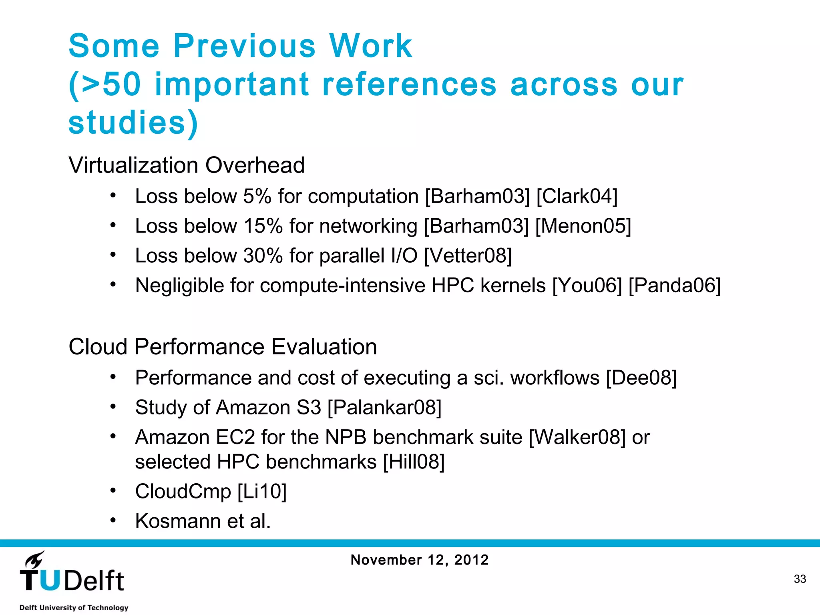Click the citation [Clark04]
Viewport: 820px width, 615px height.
pyautogui.click(x=577, y=197)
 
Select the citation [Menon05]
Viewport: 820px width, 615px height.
pyautogui.click(x=583, y=226)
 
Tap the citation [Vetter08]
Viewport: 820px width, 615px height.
pyautogui.click(x=468, y=256)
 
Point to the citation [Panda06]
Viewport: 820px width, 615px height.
pyautogui.click(x=675, y=286)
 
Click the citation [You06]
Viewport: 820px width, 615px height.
pyautogui.click(x=587, y=286)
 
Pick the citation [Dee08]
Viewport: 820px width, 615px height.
pyautogui.click(x=641, y=378)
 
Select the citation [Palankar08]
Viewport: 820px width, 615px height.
pyautogui.click(x=384, y=408)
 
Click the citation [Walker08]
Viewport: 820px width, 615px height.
pyautogui.click(x=577, y=437)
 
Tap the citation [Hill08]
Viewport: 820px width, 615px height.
pyautogui.click(x=414, y=462)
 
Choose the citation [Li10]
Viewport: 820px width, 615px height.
pyautogui.click(x=262, y=492)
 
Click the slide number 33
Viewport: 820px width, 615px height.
pyautogui.click(x=800, y=579)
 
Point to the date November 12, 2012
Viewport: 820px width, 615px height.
pyautogui.click(x=420, y=560)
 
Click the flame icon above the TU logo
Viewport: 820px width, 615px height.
pyautogui.click(x=35, y=559)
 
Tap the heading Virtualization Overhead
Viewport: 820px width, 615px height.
pyautogui.click(x=187, y=165)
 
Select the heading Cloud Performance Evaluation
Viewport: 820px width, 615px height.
pyautogui.click(x=223, y=347)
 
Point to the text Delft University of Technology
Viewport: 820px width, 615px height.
pyautogui.click(x=74, y=607)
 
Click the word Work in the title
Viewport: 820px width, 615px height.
pyautogui.click(x=371, y=46)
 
